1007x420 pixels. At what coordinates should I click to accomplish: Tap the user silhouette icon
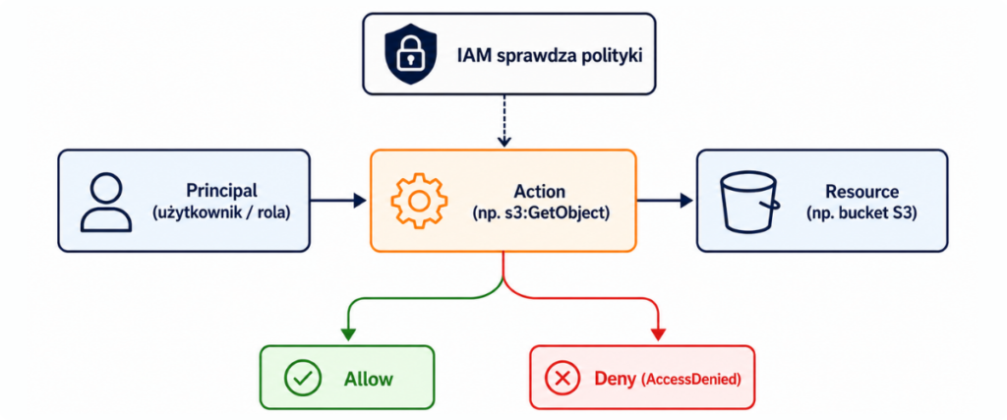[106, 203]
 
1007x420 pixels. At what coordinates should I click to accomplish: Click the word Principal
[221, 191]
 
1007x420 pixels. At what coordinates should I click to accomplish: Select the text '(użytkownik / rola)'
[221, 212]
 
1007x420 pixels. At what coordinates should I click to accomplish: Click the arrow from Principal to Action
[338, 201]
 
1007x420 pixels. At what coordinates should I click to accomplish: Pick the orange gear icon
[418, 201]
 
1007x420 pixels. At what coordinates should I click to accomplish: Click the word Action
[540, 191]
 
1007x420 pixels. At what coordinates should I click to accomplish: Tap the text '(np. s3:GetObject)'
[540, 212]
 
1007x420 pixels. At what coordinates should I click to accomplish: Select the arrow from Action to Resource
[665, 201]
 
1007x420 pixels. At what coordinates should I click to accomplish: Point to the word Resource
[861, 191]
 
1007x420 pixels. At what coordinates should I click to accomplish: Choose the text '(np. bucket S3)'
[861, 212]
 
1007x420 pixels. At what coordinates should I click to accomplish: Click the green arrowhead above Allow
[347, 334]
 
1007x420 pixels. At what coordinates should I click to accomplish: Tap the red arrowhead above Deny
[658, 334]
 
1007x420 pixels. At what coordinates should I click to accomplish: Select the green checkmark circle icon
[299, 378]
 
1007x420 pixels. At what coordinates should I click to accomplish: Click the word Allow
[368, 379]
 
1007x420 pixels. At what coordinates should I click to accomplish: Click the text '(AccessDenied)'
[691, 379]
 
